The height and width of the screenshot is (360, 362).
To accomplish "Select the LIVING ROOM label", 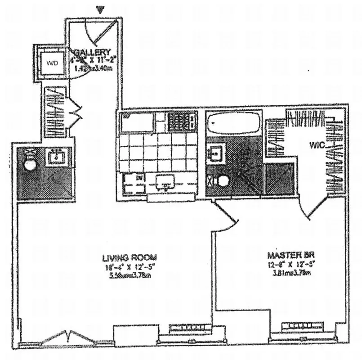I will click(129, 258).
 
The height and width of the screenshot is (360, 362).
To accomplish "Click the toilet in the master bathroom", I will click(220, 181).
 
